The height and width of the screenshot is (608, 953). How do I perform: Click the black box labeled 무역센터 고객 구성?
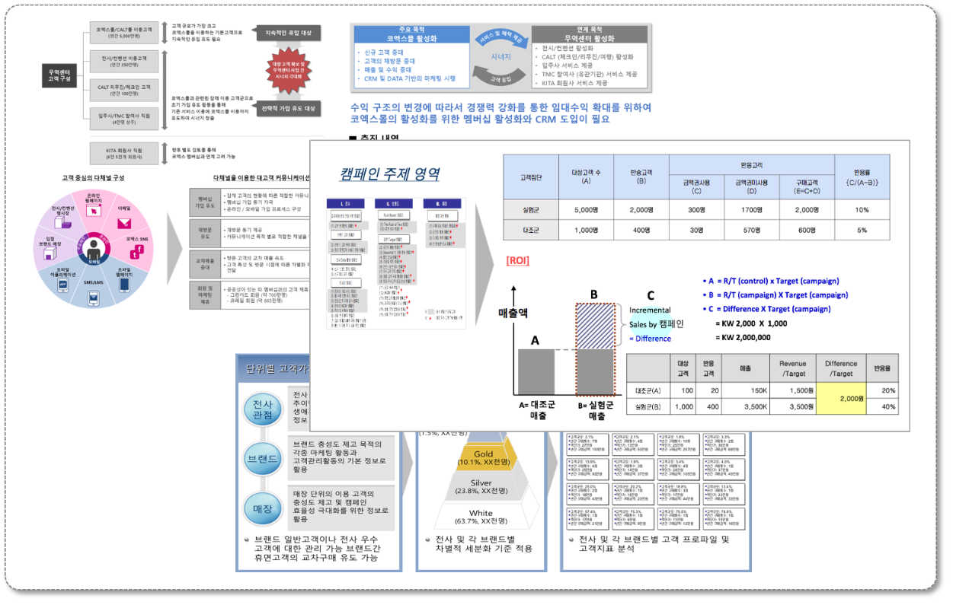[x=59, y=74]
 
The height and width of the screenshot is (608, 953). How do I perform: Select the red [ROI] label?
[x=517, y=261]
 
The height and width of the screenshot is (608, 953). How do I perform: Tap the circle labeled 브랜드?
[x=262, y=459]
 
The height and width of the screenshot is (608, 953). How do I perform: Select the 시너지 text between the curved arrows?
[x=500, y=56]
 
